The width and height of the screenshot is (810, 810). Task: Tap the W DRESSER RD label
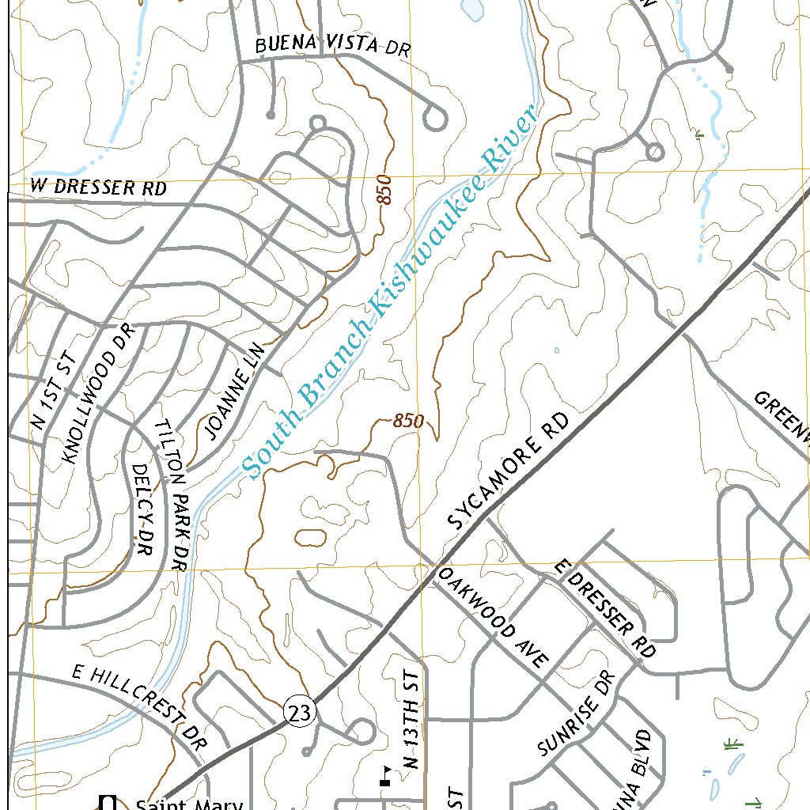pos(99,188)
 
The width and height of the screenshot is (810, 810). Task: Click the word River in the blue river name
pos(511,140)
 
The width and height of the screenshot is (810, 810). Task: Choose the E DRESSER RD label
pos(605,609)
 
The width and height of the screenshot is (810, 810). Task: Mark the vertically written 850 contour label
pos(385,190)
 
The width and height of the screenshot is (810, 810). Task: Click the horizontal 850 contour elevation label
pos(408,422)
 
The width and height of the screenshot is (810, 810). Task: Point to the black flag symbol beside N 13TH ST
pos(385,777)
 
